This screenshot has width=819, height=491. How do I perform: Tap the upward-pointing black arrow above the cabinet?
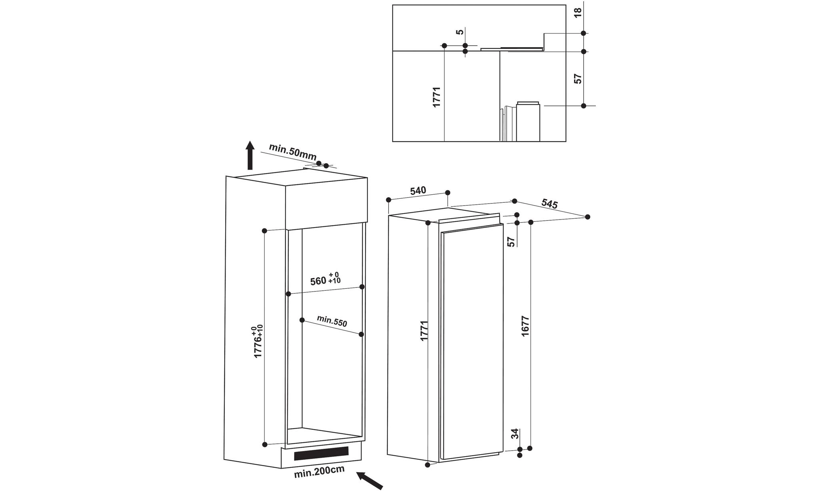pyautogui.click(x=250, y=156)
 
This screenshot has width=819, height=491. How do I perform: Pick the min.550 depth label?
pyautogui.click(x=332, y=321)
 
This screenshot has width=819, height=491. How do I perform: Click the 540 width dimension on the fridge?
pyautogui.click(x=418, y=191)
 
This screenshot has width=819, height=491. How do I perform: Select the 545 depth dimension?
pyautogui.click(x=549, y=204)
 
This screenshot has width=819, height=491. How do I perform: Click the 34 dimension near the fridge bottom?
pyautogui.click(x=515, y=433)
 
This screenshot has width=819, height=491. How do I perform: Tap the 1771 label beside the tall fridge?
pyautogui.click(x=424, y=330)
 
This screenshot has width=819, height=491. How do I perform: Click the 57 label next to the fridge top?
pyautogui.click(x=511, y=242)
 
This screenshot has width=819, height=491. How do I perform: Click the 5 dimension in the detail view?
pyautogui.click(x=460, y=32)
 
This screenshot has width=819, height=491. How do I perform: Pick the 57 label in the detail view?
pyautogui.click(x=577, y=78)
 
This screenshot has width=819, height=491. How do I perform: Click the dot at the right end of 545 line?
pyautogui.click(x=587, y=217)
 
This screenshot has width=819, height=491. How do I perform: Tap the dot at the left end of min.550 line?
pyautogui.click(x=302, y=320)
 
